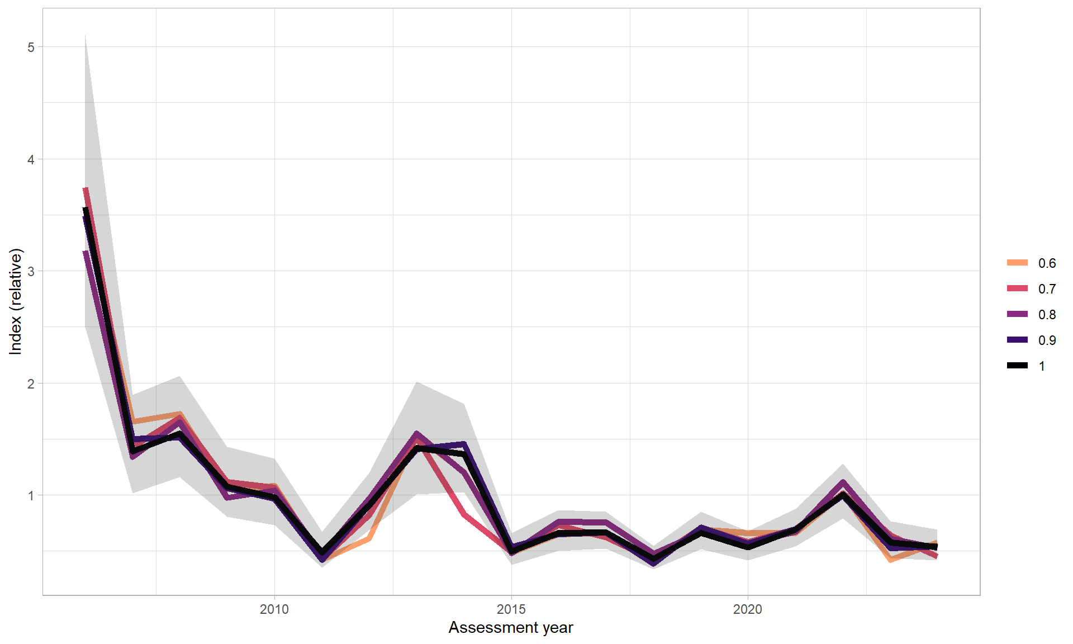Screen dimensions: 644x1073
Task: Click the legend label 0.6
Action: click(x=1046, y=263)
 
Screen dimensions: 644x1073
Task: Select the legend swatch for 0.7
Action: click(x=1017, y=288)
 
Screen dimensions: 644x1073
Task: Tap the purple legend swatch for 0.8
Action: click(x=1017, y=314)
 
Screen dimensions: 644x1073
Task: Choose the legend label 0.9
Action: click(x=1046, y=340)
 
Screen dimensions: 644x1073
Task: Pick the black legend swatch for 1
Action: click(x=1017, y=366)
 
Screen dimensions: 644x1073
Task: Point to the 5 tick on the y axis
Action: click(x=31, y=48)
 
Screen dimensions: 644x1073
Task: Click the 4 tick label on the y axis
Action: click(x=31, y=159)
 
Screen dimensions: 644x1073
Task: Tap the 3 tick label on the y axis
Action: click(x=31, y=271)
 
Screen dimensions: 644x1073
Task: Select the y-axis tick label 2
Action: click(x=31, y=383)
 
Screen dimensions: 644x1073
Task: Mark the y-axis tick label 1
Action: click(x=31, y=495)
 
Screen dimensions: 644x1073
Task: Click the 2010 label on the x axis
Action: click(x=274, y=609)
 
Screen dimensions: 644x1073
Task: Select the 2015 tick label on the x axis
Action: click(x=511, y=609)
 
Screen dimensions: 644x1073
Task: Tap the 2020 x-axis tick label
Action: click(x=747, y=609)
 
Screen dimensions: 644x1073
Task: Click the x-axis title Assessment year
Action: click(x=511, y=628)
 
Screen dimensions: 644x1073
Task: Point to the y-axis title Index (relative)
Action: click(x=16, y=302)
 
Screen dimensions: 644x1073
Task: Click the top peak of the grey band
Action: click(x=85, y=36)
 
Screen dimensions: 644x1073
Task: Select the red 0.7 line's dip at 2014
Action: click(x=464, y=515)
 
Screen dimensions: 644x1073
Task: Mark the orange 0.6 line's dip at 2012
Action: click(x=369, y=539)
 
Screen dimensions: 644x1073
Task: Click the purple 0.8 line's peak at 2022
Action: click(x=843, y=482)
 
